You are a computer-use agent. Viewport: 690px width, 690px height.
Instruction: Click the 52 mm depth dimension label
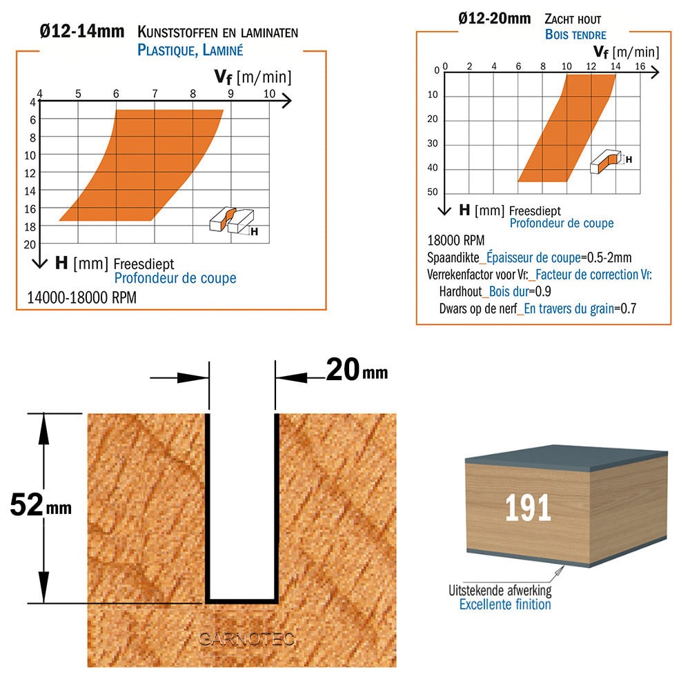click(x=41, y=505)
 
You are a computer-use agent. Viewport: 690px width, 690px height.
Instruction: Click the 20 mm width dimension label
click(x=357, y=370)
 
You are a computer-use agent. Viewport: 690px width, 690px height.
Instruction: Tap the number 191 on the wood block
click(x=528, y=508)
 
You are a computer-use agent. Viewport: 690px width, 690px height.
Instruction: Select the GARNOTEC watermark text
click(x=246, y=639)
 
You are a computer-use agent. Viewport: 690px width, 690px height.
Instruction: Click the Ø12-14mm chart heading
click(x=82, y=32)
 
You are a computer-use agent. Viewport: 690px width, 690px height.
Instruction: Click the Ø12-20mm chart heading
click(x=495, y=19)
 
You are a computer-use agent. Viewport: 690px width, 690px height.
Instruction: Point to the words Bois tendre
click(x=575, y=34)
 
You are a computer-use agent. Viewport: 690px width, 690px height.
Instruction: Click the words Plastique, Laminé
click(x=190, y=50)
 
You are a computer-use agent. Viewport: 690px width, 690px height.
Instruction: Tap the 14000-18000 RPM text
click(x=82, y=298)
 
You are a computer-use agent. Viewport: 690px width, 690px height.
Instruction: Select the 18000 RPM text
click(x=456, y=241)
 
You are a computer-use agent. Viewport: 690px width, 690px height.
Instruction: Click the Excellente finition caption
click(x=505, y=604)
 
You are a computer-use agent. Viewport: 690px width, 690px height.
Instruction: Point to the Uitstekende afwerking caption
click(x=500, y=590)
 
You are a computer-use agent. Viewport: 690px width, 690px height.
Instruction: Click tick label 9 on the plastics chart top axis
click(x=230, y=93)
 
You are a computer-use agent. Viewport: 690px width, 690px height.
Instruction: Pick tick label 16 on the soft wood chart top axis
click(x=640, y=66)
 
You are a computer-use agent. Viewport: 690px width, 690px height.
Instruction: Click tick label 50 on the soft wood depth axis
click(x=433, y=192)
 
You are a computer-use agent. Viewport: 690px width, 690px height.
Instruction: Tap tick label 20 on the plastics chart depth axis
click(x=30, y=245)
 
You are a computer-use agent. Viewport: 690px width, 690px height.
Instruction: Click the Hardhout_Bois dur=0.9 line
click(x=495, y=291)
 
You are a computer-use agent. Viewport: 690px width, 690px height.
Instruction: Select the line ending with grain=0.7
click(x=538, y=308)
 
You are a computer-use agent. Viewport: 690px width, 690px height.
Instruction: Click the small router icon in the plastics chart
click(x=231, y=219)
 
